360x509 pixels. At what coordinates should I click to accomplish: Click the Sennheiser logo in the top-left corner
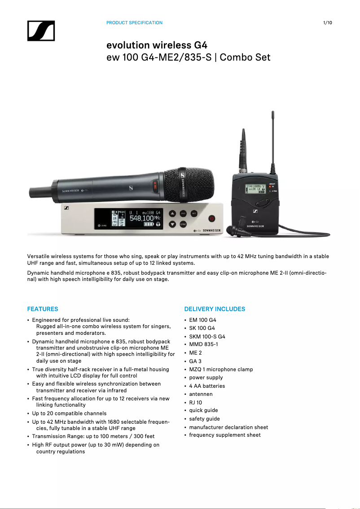click(41, 31)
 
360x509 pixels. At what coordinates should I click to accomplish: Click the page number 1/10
click(327, 22)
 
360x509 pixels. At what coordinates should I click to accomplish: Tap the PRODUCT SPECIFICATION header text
click(134, 22)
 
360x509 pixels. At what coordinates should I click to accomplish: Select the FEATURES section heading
click(43, 309)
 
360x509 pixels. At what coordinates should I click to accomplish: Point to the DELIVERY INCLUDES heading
click(215, 309)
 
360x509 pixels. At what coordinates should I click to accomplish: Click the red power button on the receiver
click(212, 219)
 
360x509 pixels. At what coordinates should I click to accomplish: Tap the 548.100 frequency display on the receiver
click(141, 218)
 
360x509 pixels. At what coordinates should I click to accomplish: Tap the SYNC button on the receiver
click(183, 224)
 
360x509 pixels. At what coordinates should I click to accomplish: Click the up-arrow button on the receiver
click(172, 213)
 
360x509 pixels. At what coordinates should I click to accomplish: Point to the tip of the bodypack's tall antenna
click(272, 112)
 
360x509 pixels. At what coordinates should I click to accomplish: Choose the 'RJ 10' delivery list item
click(195, 402)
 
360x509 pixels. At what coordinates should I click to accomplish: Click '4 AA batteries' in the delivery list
click(207, 386)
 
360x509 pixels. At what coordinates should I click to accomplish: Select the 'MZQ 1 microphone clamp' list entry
click(221, 369)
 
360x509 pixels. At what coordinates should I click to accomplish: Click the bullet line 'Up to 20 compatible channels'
click(69, 413)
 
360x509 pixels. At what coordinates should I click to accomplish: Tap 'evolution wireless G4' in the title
click(157, 45)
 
